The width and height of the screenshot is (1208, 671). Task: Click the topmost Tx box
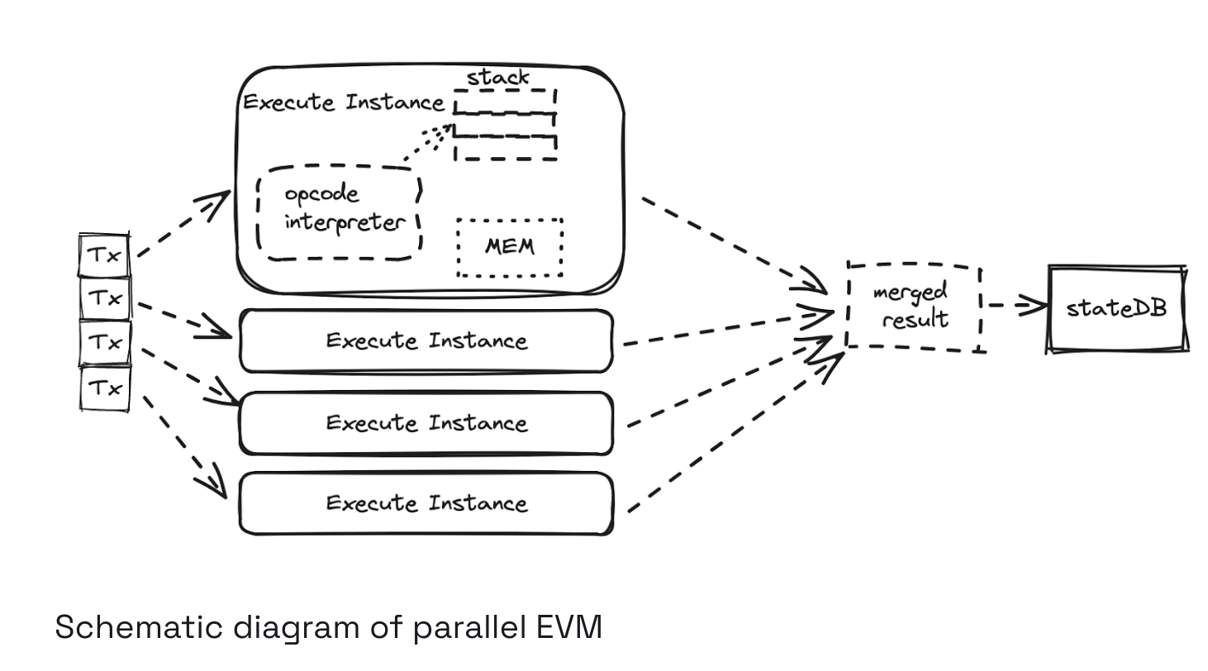click(x=104, y=255)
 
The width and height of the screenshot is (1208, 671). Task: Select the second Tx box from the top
click(x=105, y=298)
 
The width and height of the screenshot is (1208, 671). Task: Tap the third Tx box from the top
click(x=105, y=342)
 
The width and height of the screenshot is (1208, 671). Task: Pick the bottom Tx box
click(x=105, y=388)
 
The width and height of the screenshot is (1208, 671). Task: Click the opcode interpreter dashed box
click(x=340, y=213)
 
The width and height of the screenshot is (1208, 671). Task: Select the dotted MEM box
click(x=510, y=248)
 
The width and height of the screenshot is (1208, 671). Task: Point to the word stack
click(x=497, y=78)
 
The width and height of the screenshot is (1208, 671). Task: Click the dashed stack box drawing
click(x=505, y=125)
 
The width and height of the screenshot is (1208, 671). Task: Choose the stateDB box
click(x=1117, y=309)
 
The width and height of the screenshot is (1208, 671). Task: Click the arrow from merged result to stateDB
click(x=1018, y=305)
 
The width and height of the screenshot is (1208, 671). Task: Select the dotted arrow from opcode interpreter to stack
click(x=429, y=142)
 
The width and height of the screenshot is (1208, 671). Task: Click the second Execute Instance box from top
click(x=426, y=341)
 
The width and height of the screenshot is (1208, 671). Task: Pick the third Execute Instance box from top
click(x=426, y=423)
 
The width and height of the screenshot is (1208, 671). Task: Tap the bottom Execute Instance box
click(x=426, y=504)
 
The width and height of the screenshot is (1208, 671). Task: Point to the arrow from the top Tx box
click(x=184, y=223)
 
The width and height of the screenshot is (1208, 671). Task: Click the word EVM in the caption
click(x=569, y=627)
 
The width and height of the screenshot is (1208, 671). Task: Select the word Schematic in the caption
click(x=139, y=627)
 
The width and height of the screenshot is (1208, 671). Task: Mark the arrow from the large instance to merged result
click(x=735, y=246)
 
